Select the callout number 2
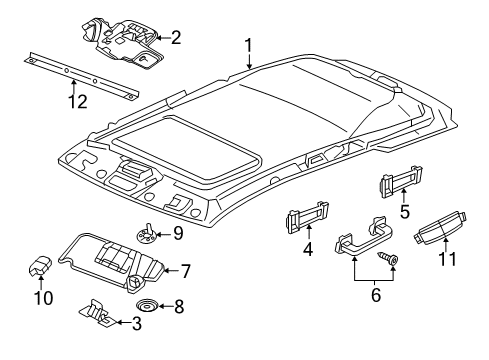(175, 39)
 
